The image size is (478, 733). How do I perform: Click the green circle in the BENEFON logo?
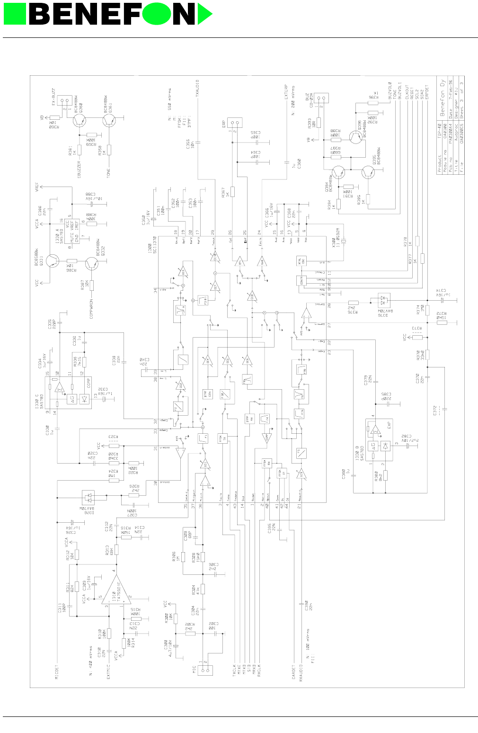tap(156, 14)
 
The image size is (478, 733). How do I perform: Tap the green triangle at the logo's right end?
tap(205, 14)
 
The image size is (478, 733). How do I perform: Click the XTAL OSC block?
tap(300, 261)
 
